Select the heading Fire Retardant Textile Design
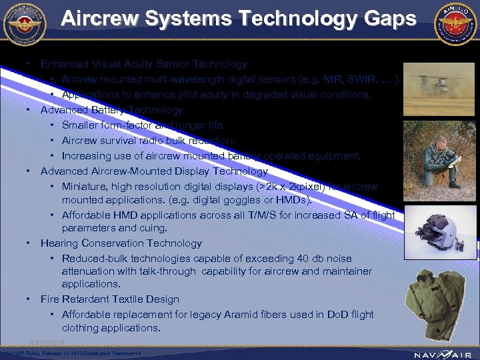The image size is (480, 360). [x=110, y=299]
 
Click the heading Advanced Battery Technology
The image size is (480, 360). [x=111, y=109]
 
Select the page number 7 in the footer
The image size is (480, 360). [x=240, y=351]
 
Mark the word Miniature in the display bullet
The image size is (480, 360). [x=83, y=187]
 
